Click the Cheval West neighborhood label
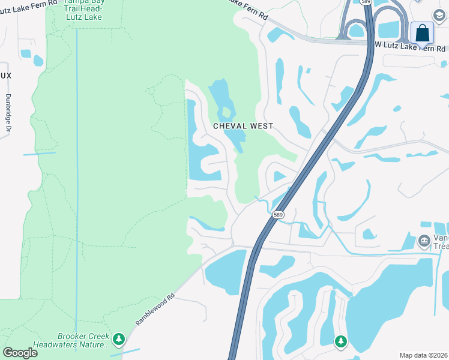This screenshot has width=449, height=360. pos(243,126)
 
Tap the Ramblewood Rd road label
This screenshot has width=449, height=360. pos(155,310)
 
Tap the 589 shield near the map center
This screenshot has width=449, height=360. pos(277,214)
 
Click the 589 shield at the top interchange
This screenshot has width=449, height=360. pos(366,2)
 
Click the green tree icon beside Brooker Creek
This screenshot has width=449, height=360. pos(119,340)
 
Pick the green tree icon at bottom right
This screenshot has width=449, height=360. pos(341,341)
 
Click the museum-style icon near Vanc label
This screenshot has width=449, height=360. pos(424,241)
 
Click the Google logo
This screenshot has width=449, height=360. pos(20,352)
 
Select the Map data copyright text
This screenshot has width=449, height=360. pos(423,355)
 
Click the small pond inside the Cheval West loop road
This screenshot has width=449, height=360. pos(279,176)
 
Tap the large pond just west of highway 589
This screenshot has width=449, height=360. pos(226,271)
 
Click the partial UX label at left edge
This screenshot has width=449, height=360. pos(6,75)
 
